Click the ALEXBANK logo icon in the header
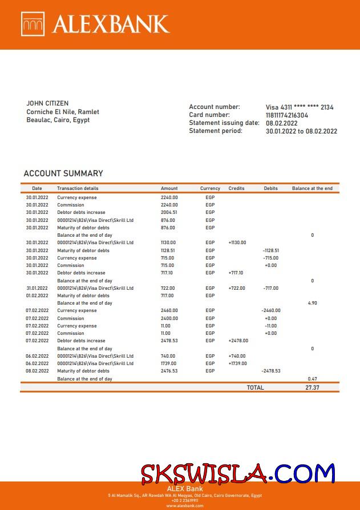33,24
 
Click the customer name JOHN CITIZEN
47,103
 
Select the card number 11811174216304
287,115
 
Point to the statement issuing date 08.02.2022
282,123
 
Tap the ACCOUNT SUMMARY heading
63,173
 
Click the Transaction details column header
78,188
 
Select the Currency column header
210,188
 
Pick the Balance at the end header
312,188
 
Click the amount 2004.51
169,212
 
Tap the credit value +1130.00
237,242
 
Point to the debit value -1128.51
270,250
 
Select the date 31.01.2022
37,288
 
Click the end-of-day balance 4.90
312,303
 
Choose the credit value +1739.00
237,363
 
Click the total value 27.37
312,387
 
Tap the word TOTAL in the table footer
255,387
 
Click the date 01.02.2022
37,296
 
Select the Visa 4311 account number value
300,107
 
